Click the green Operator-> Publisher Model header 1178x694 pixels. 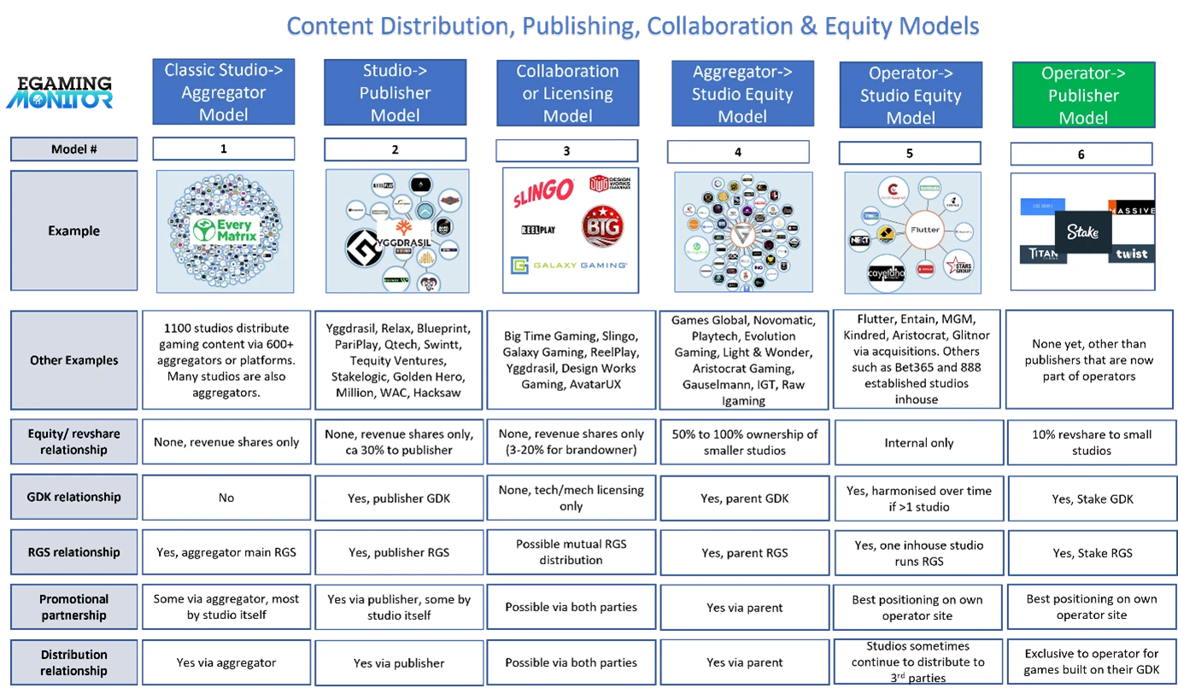[1082, 95]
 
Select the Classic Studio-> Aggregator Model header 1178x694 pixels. [224, 92]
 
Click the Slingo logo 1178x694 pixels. [542, 195]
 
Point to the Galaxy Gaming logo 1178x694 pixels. [568, 265]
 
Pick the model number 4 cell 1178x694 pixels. [738, 152]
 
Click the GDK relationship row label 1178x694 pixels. [73, 497]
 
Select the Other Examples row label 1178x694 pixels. [73, 359]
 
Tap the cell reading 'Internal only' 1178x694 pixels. [918, 442]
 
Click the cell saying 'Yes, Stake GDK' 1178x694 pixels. [1092, 498]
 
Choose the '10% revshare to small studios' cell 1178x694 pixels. [1092, 442]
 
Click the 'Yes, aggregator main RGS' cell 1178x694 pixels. [226, 552]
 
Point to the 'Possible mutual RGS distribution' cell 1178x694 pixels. [571, 552]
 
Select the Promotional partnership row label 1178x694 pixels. [73, 607]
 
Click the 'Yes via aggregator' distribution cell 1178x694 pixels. [226, 662]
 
